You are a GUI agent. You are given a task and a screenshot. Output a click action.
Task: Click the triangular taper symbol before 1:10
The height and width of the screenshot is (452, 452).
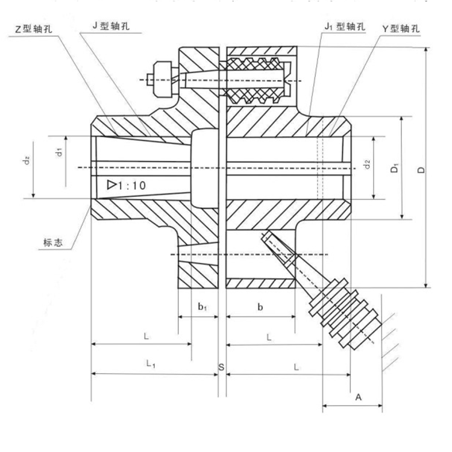point(111,185)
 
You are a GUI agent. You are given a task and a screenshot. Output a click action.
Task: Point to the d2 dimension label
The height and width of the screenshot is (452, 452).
point(366,163)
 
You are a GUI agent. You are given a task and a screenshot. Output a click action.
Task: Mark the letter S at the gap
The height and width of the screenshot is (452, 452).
point(221,367)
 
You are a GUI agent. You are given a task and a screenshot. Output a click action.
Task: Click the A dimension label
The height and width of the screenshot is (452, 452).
point(358,397)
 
